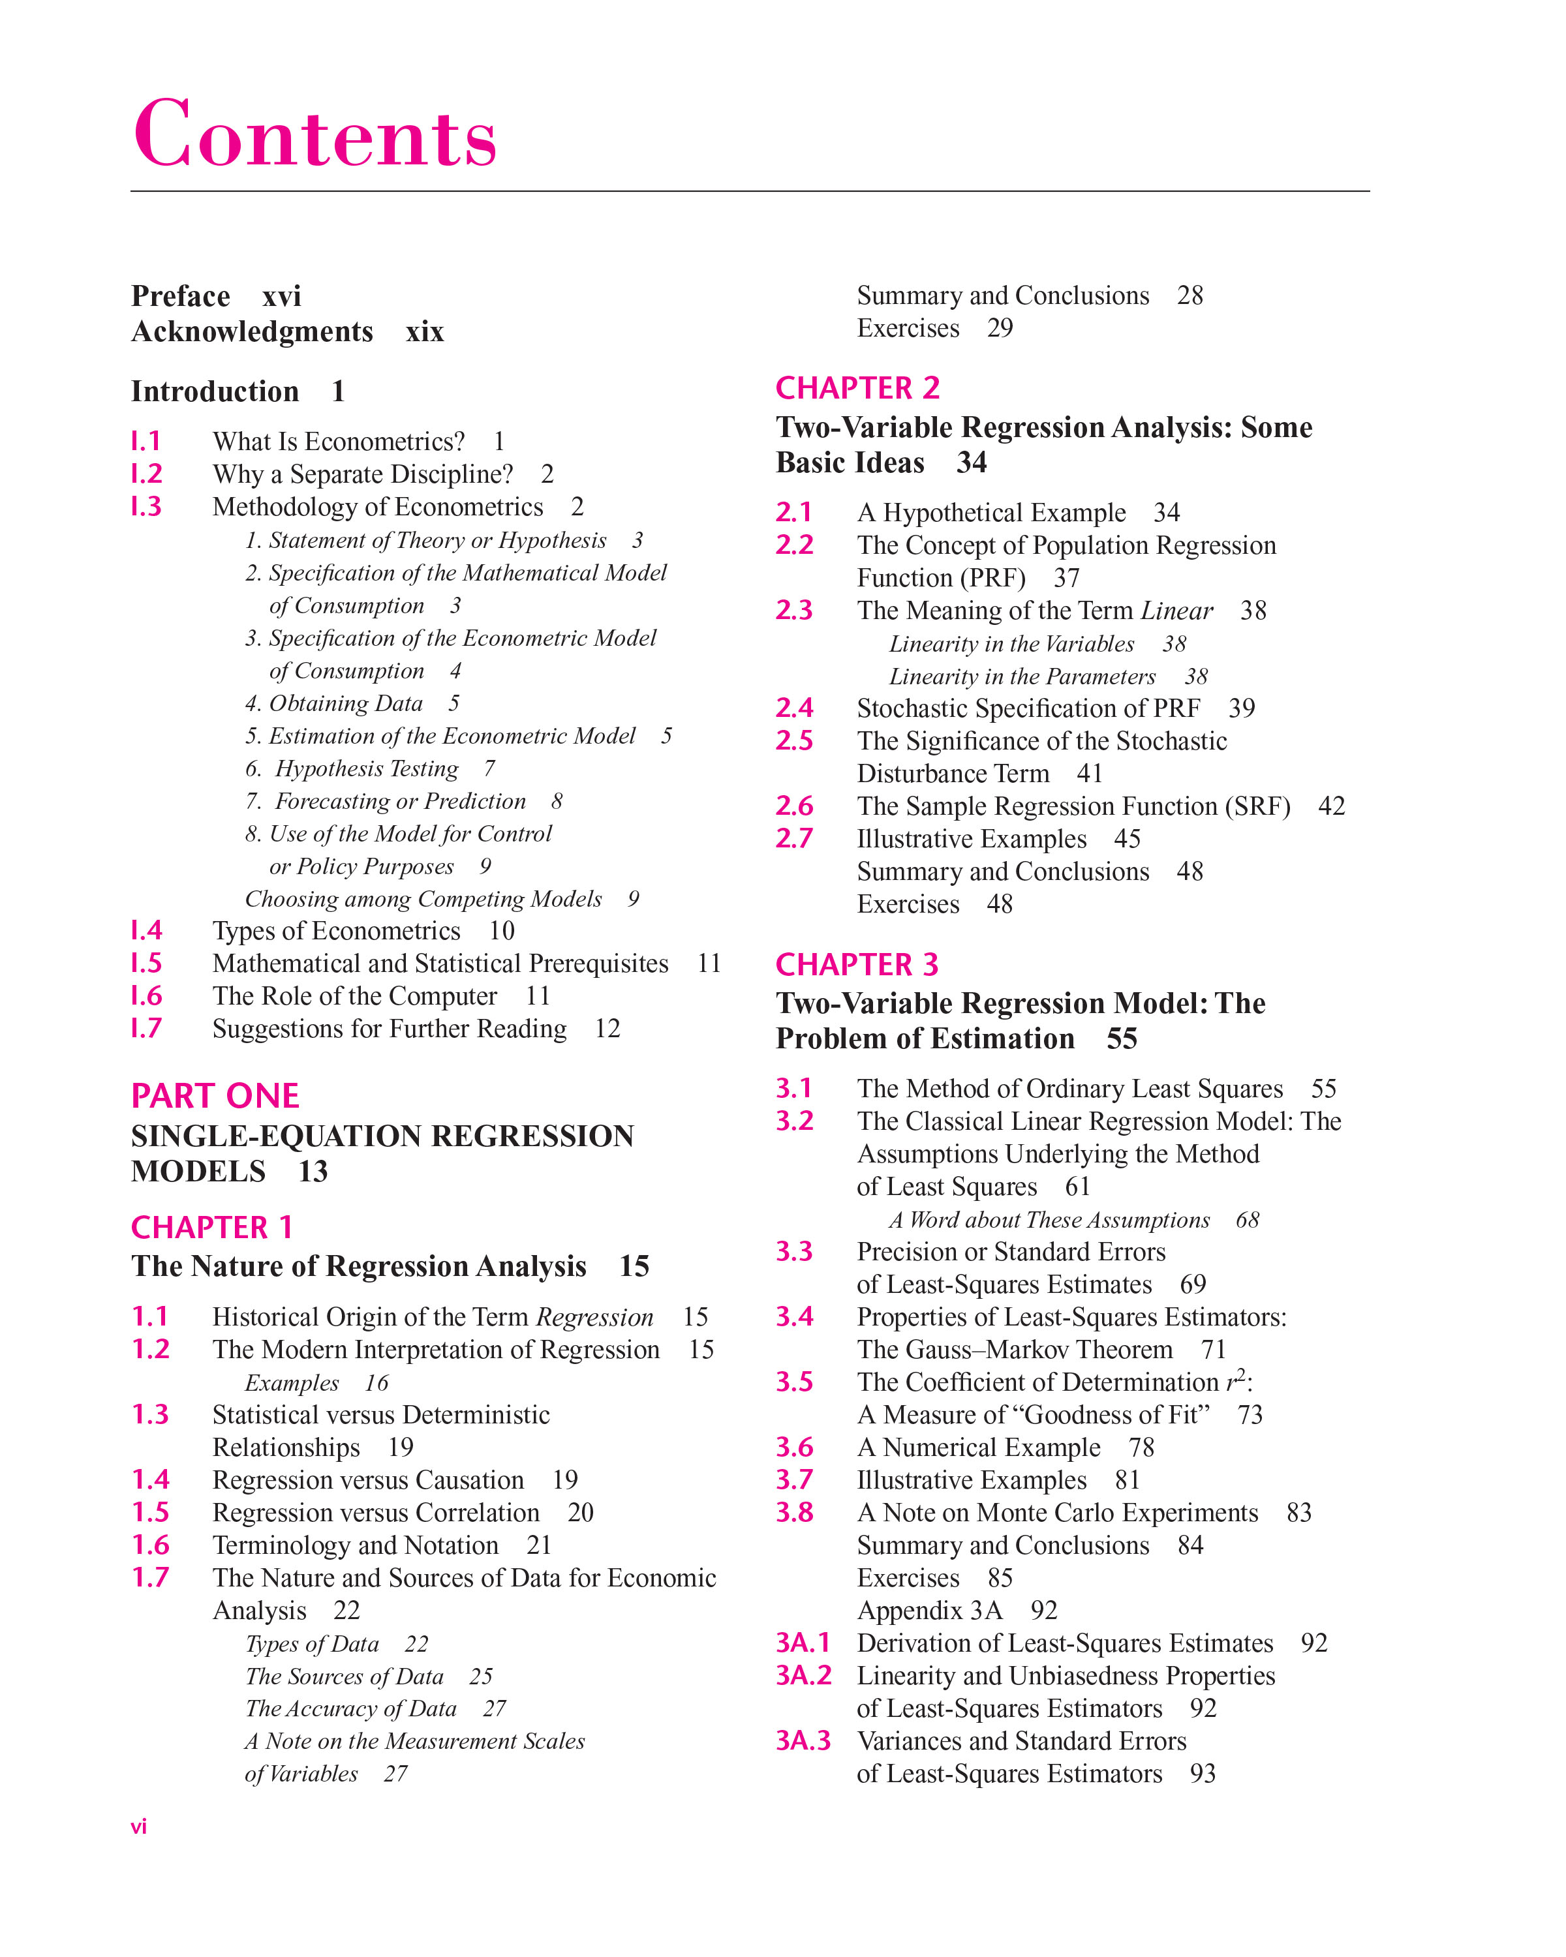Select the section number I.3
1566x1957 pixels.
pos(146,506)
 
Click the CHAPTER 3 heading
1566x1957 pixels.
pos(857,964)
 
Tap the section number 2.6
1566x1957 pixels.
pos(794,806)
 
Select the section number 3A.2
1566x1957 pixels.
pos(803,1676)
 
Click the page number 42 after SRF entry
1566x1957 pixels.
pos(1331,806)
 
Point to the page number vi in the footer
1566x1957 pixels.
pos(139,1827)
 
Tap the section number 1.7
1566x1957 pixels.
pos(151,1577)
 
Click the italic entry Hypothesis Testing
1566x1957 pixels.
pos(367,769)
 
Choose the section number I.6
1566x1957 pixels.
pos(146,995)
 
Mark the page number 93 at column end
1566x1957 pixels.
pos(1202,1774)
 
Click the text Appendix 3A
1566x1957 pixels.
pos(930,1610)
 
